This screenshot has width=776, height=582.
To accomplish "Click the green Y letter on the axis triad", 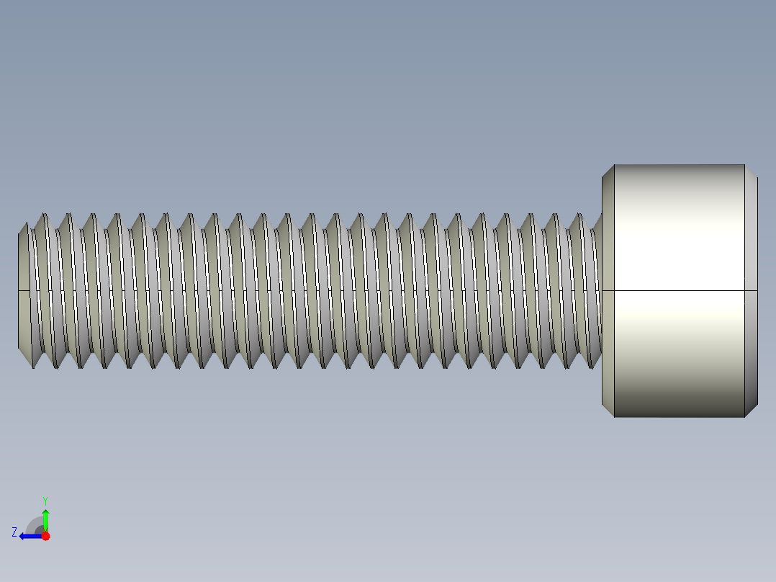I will [x=45, y=499].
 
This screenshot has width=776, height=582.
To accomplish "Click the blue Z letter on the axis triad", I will [x=14, y=532].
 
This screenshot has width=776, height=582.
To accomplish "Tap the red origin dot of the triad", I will [x=45, y=536].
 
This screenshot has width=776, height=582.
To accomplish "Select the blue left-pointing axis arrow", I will [x=29, y=536].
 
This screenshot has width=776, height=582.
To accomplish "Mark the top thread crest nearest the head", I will [x=578, y=215].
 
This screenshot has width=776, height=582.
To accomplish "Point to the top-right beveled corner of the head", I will [x=752, y=171].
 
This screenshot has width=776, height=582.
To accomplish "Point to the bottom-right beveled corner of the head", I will [x=752, y=411].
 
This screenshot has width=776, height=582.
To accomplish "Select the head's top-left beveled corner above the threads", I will [x=608, y=171].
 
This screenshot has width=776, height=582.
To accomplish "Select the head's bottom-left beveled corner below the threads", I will [x=608, y=410].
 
